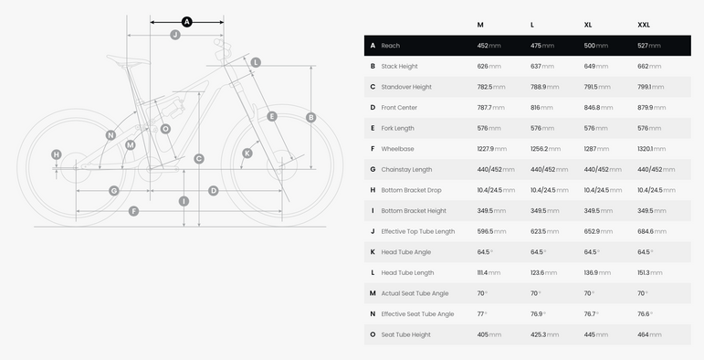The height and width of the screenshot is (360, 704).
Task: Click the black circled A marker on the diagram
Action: [x=187, y=22]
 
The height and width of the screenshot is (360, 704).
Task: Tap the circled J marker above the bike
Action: [x=175, y=35]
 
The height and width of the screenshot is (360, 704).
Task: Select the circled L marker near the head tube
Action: [x=256, y=62]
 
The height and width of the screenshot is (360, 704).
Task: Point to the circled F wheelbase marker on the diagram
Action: [x=133, y=211]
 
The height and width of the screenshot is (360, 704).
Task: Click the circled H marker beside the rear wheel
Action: [x=56, y=154]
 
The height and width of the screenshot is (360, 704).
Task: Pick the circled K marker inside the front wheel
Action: [x=247, y=154]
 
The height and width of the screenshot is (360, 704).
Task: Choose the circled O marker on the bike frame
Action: [x=165, y=129]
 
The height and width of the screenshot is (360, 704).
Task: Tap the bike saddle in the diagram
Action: [x=128, y=61]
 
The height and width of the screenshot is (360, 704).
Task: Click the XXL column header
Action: [x=644, y=25]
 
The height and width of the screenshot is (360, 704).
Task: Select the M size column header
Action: [x=480, y=25]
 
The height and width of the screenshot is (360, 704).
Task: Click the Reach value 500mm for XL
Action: [x=595, y=46]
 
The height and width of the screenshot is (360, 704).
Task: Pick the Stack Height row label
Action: [x=399, y=66]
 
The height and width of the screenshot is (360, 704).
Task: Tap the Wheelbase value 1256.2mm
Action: [x=545, y=149]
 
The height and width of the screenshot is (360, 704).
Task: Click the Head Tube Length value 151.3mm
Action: [x=649, y=273]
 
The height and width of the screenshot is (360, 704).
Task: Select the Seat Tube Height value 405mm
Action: [x=489, y=334]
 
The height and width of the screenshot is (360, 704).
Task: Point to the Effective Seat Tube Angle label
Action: [x=417, y=314]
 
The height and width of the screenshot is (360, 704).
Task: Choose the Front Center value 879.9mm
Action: [x=651, y=108]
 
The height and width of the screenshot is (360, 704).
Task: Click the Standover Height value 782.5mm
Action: [x=491, y=87]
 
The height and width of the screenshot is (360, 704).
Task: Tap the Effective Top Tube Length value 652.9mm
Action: [x=598, y=231]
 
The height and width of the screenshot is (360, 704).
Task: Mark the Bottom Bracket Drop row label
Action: [x=411, y=190]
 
